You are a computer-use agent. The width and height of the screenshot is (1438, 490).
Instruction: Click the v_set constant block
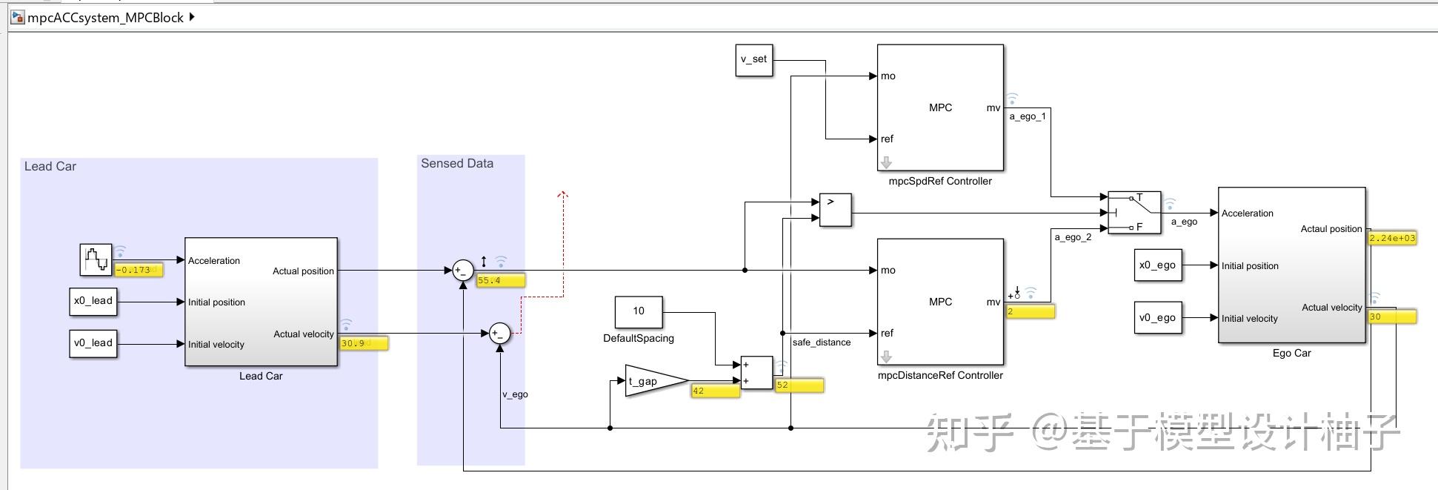754,60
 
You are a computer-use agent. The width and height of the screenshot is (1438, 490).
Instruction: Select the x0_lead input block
93,301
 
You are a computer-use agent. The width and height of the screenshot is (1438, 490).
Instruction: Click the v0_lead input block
93,343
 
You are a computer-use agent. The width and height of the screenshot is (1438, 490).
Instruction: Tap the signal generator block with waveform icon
96,259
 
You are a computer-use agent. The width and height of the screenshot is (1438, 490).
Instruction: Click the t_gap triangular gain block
651,381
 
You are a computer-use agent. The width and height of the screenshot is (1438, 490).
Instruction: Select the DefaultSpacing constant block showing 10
639,311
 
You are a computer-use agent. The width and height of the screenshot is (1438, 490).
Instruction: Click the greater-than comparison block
836,210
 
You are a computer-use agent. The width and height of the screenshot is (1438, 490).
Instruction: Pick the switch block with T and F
1134,213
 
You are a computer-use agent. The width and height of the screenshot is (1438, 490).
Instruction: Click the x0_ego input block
1158,265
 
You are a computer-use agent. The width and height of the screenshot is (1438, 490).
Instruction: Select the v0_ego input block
1158,318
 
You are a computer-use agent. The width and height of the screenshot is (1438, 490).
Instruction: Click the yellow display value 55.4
500,281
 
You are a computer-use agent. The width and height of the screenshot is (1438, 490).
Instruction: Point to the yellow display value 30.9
364,343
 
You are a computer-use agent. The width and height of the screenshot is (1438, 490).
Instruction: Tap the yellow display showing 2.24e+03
1392,239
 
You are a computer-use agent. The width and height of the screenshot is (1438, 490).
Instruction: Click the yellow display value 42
714,391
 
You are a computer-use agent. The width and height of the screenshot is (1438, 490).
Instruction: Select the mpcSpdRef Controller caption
940,181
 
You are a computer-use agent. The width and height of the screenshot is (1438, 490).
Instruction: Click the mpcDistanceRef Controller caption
940,375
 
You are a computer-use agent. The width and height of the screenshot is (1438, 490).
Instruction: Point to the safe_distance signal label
822,342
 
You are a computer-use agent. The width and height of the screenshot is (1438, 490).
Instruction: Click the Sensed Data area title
457,164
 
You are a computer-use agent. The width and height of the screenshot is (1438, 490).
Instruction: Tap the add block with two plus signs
756,373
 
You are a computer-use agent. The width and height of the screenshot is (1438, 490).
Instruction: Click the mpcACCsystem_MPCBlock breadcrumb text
105,18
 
